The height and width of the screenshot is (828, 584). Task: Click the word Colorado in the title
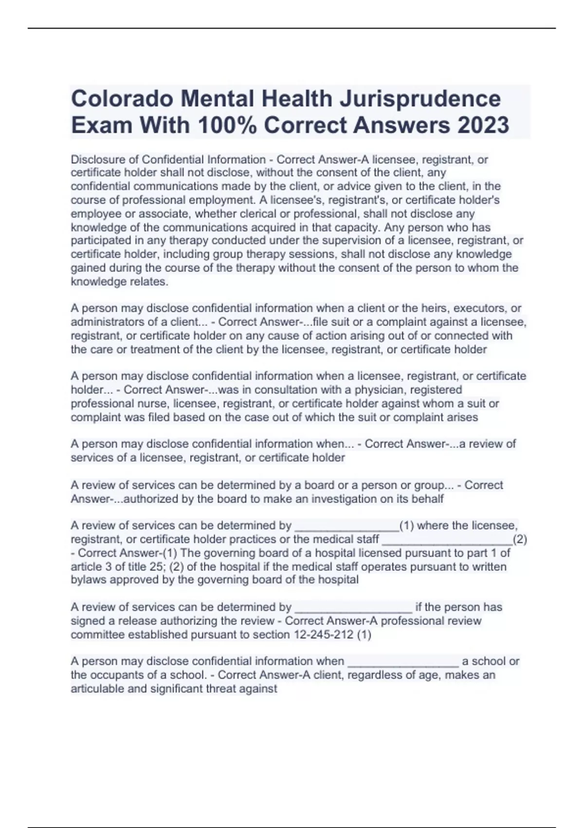(x=122, y=99)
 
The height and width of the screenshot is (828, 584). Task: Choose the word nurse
(x=155, y=403)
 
